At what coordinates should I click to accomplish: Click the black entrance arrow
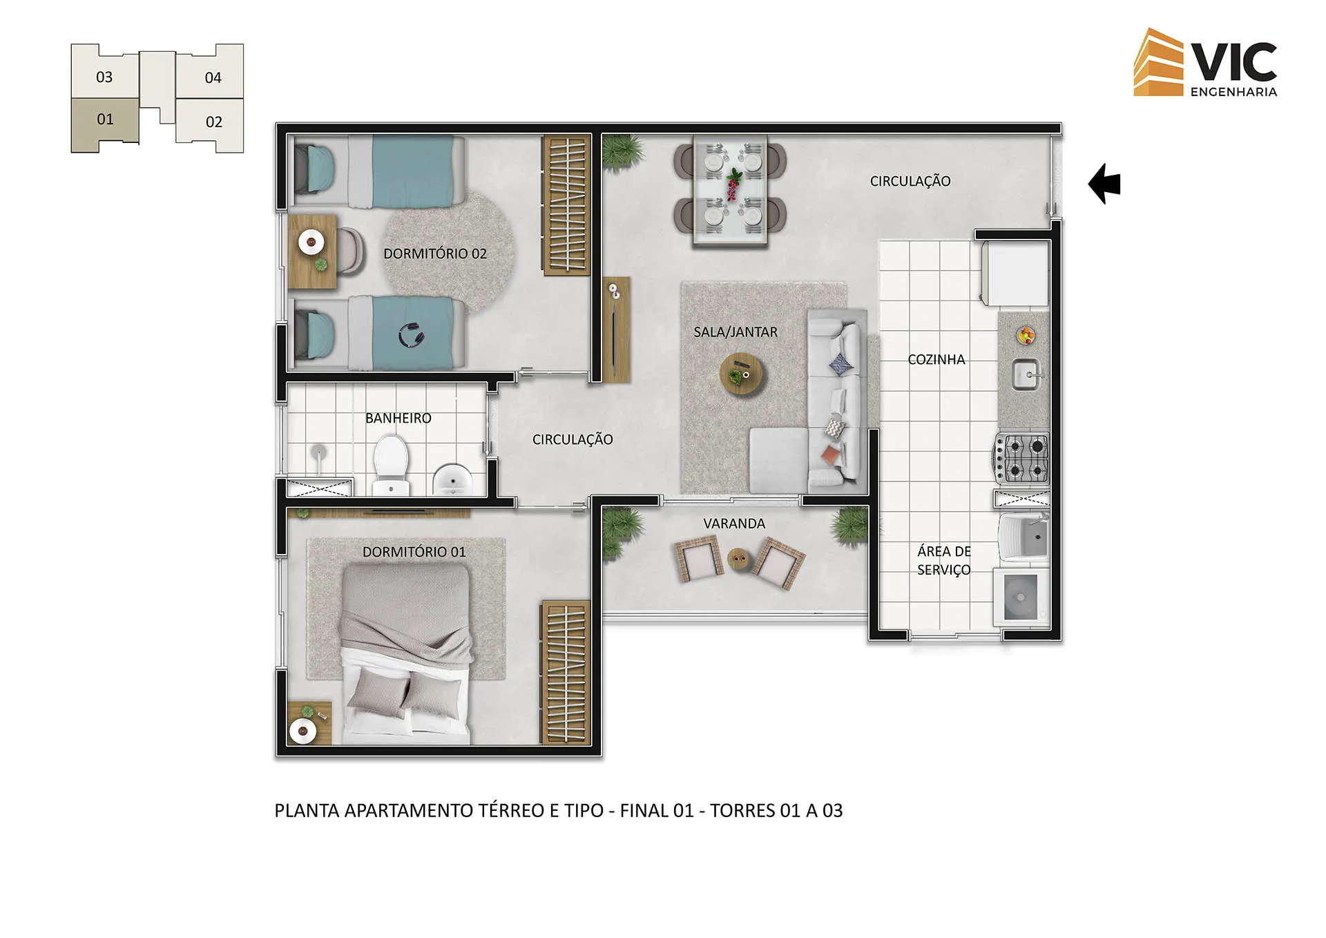tap(1104, 184)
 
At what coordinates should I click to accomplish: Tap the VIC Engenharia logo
tap(1205, 63)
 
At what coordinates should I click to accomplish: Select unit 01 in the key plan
tap(105, 120)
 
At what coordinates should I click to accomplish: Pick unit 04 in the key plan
tap(213, 77)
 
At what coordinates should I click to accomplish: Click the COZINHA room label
tap(936, 359)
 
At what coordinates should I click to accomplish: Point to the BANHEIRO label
tap(398, 418)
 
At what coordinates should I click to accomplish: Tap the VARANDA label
tap(733, 524)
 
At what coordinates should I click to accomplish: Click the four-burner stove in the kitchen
tap(1022, 458)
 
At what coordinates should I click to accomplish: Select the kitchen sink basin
tap(1026, 375)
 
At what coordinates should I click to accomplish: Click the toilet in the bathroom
tap(391, 463)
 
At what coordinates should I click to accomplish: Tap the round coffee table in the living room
tap(741, 373)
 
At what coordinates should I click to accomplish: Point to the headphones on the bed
tap(412, 336)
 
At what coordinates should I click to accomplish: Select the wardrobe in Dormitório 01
tap(566, 672)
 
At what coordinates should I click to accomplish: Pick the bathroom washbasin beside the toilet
tap(452, 479)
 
